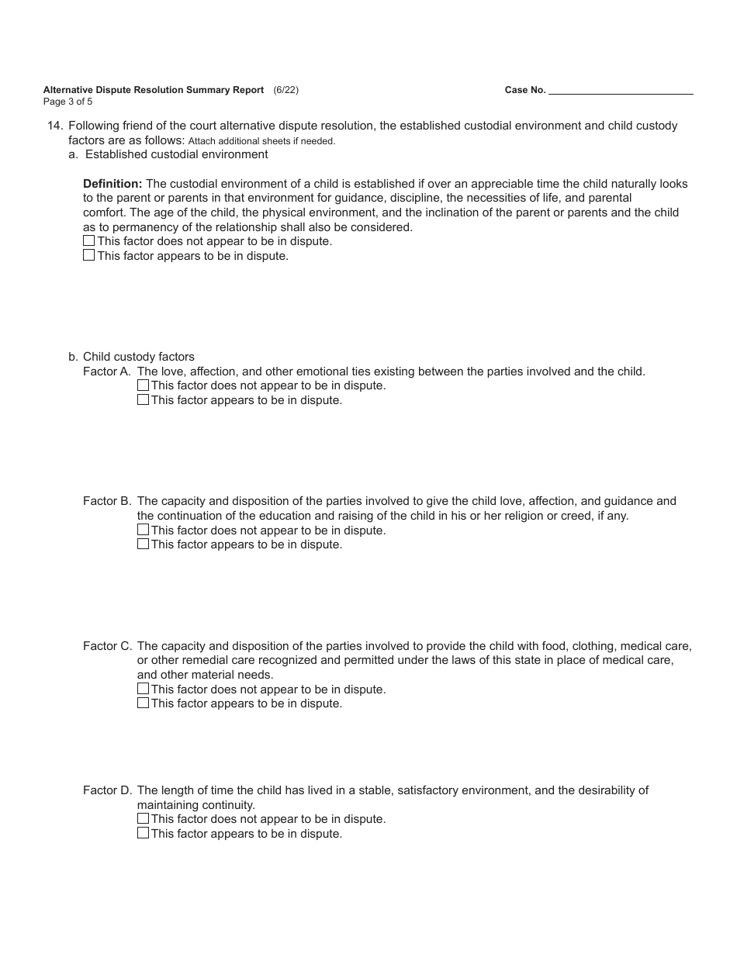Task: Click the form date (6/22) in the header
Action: pyautogui.click(x=285, y=90)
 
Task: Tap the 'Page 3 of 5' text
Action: pyautogui.click(x=68, y=102)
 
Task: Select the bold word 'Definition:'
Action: pyautogui.click(x=112, y=184)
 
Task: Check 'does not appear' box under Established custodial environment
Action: pyautogui.click(x=88, y=241)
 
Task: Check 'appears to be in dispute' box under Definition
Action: pyautogui.click(x=88, y=255)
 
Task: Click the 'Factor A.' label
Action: pyautogui.click(x=107, y=372)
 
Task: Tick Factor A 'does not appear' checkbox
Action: pyautogui.click(x=143, y=385)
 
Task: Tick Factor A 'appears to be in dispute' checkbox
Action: pyautogui.click(x=143, y=400)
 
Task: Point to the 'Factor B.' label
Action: pyautogui.click(x=107, y=501)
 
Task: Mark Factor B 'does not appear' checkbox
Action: pyautogui.click(x=143, y=530)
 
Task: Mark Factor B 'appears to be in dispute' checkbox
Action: pyautogui.click(x=143, y=544)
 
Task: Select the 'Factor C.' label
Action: pyautogui.click(x=107, y=646)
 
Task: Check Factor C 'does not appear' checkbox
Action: pyautogui.click(x=143, y=689)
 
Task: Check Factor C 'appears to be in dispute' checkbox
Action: pyautogui.click(x=143, y=703)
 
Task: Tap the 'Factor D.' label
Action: pyautogui.click(x=107, y=790)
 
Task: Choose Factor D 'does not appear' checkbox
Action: pyautogui.click(x=143, y=819)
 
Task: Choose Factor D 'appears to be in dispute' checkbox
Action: pyautogui.click(x=143, y=834)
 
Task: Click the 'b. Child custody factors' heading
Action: pyautogui.click(x=131, y=357)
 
